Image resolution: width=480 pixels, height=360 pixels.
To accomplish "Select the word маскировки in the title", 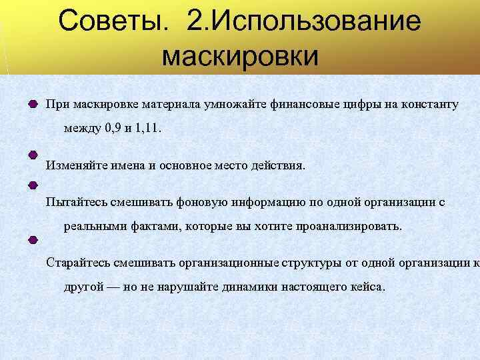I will tap(240, 57).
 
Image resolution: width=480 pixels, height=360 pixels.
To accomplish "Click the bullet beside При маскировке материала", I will tap(33, 105).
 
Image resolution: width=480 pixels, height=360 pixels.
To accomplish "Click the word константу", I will tap(421, 105).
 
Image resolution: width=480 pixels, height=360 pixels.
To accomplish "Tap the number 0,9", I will tap(113, 129).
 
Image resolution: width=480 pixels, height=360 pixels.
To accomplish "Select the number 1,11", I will tap(147, 129).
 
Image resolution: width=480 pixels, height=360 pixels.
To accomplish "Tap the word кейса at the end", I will tap(368, 286).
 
